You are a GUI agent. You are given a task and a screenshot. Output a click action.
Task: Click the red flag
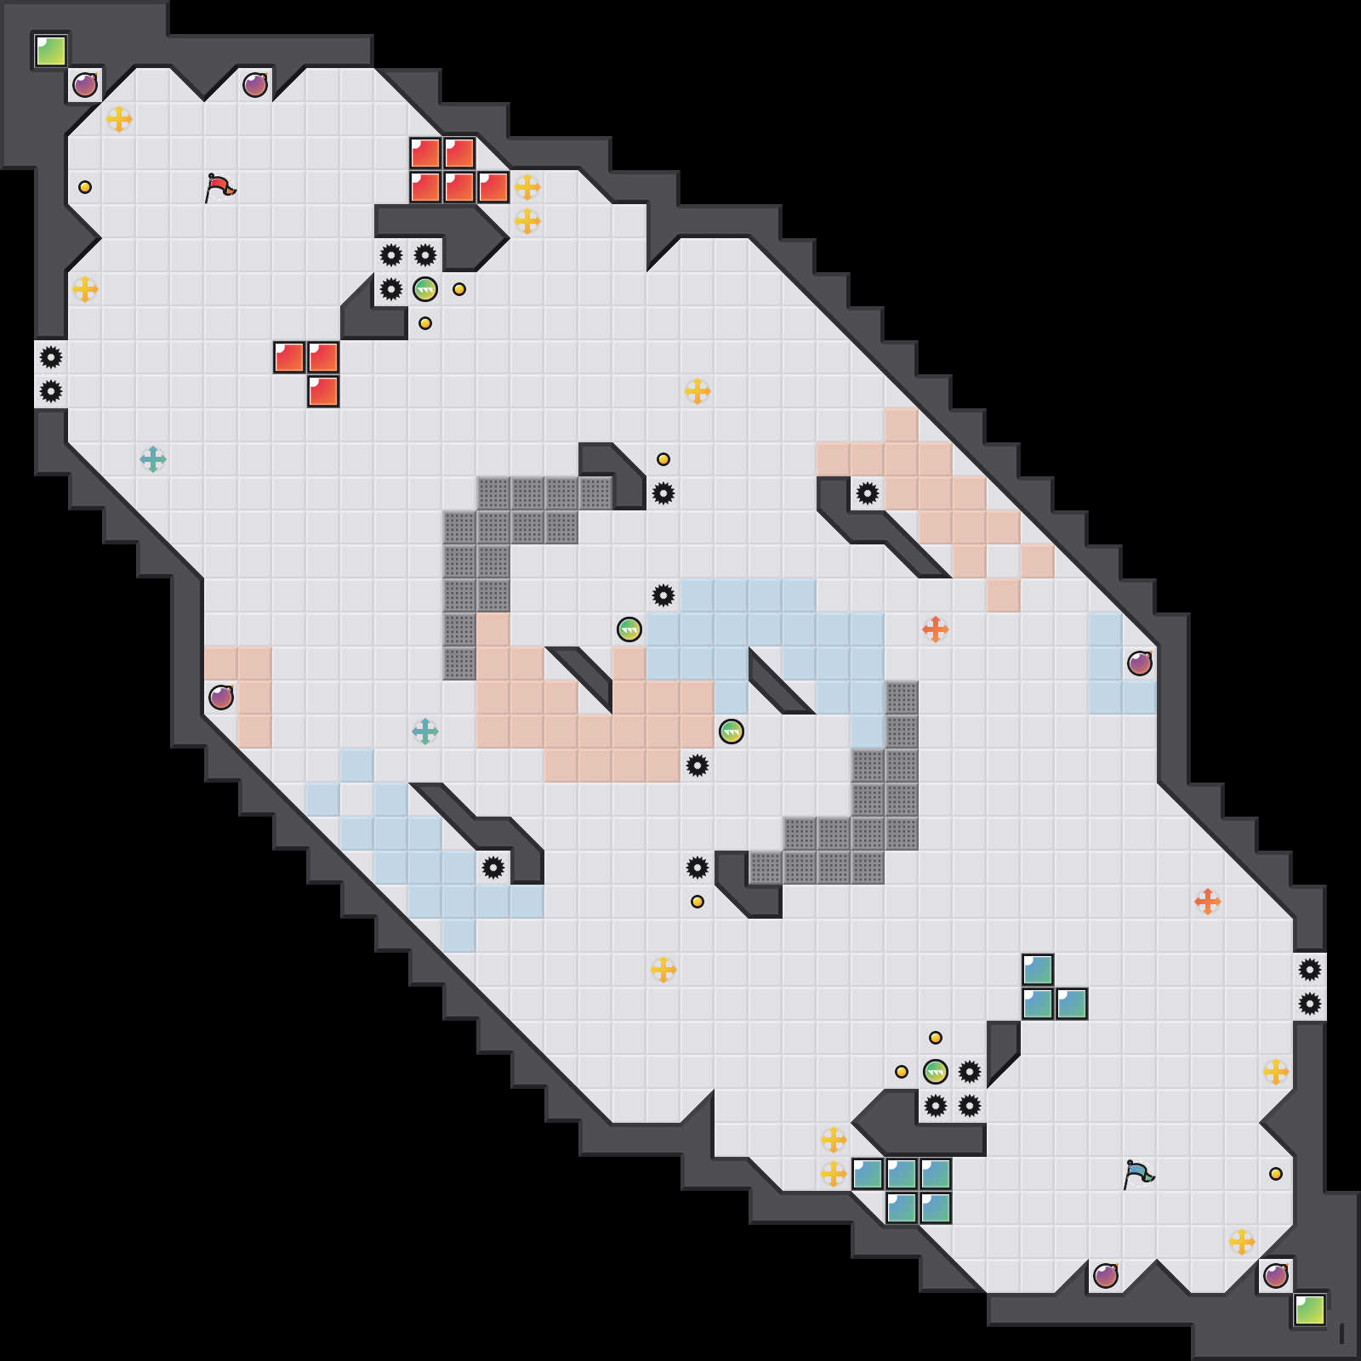[219, 187]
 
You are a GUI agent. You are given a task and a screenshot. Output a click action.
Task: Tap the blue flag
[1138, 1174]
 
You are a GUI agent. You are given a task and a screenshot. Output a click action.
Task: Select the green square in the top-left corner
[51, 51]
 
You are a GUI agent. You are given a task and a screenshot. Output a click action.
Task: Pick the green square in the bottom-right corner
[1310, 1310]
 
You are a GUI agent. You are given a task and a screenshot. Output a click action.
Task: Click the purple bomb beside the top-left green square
[85, 85]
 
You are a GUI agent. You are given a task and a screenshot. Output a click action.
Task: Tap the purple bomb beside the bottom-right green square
[1276, 1276]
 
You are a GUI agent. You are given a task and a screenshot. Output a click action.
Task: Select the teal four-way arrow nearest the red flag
[153, 459]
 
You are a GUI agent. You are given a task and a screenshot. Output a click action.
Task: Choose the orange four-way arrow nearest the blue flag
[1208, 902]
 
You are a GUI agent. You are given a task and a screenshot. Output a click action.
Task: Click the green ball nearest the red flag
[425, 289]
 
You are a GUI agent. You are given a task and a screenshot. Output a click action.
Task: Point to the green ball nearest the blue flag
[936, 1072]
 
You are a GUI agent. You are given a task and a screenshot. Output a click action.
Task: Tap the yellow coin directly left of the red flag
[85, 187]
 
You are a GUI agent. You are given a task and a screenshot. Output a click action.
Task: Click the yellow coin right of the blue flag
[1276, 1174]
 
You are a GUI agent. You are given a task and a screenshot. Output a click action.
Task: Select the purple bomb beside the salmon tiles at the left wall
[221, 698]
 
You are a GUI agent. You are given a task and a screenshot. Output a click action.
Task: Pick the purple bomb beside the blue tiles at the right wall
[1140, 663]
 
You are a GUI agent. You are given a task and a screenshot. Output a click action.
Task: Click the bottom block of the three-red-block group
[323, 391]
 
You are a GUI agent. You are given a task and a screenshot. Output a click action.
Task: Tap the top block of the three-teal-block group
[1038, 970]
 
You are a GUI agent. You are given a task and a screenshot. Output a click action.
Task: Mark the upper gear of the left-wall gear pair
[51, 357]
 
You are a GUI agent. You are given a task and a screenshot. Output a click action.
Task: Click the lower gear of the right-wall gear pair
[1310, 1004]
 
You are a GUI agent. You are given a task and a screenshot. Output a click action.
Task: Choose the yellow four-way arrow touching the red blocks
[527, 187]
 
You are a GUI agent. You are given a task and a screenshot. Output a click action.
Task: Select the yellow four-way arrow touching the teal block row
[834, 1174]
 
